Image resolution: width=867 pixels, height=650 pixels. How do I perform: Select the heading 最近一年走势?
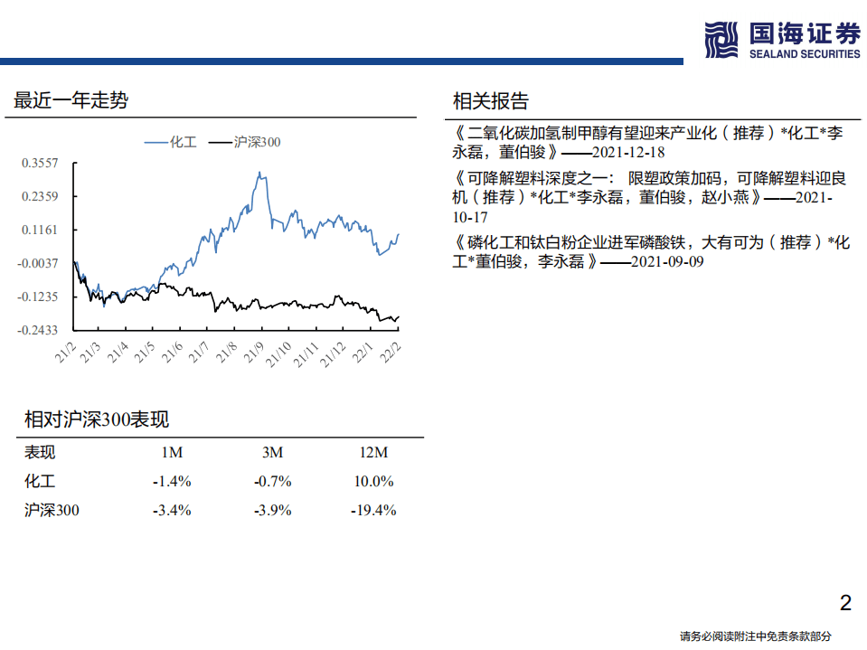tap(71, 100)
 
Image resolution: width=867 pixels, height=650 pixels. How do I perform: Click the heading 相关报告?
tap(490, 100)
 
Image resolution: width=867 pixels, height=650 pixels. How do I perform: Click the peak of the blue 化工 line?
tap(261, 173)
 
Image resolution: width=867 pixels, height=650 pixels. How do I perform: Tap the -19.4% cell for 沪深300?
tap(372, 510)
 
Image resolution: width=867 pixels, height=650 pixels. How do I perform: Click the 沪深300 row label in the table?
tap(52, 510)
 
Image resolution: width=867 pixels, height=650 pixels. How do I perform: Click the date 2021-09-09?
tap(666, 261)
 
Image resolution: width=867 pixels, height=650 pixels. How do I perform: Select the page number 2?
tap(845, 603)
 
